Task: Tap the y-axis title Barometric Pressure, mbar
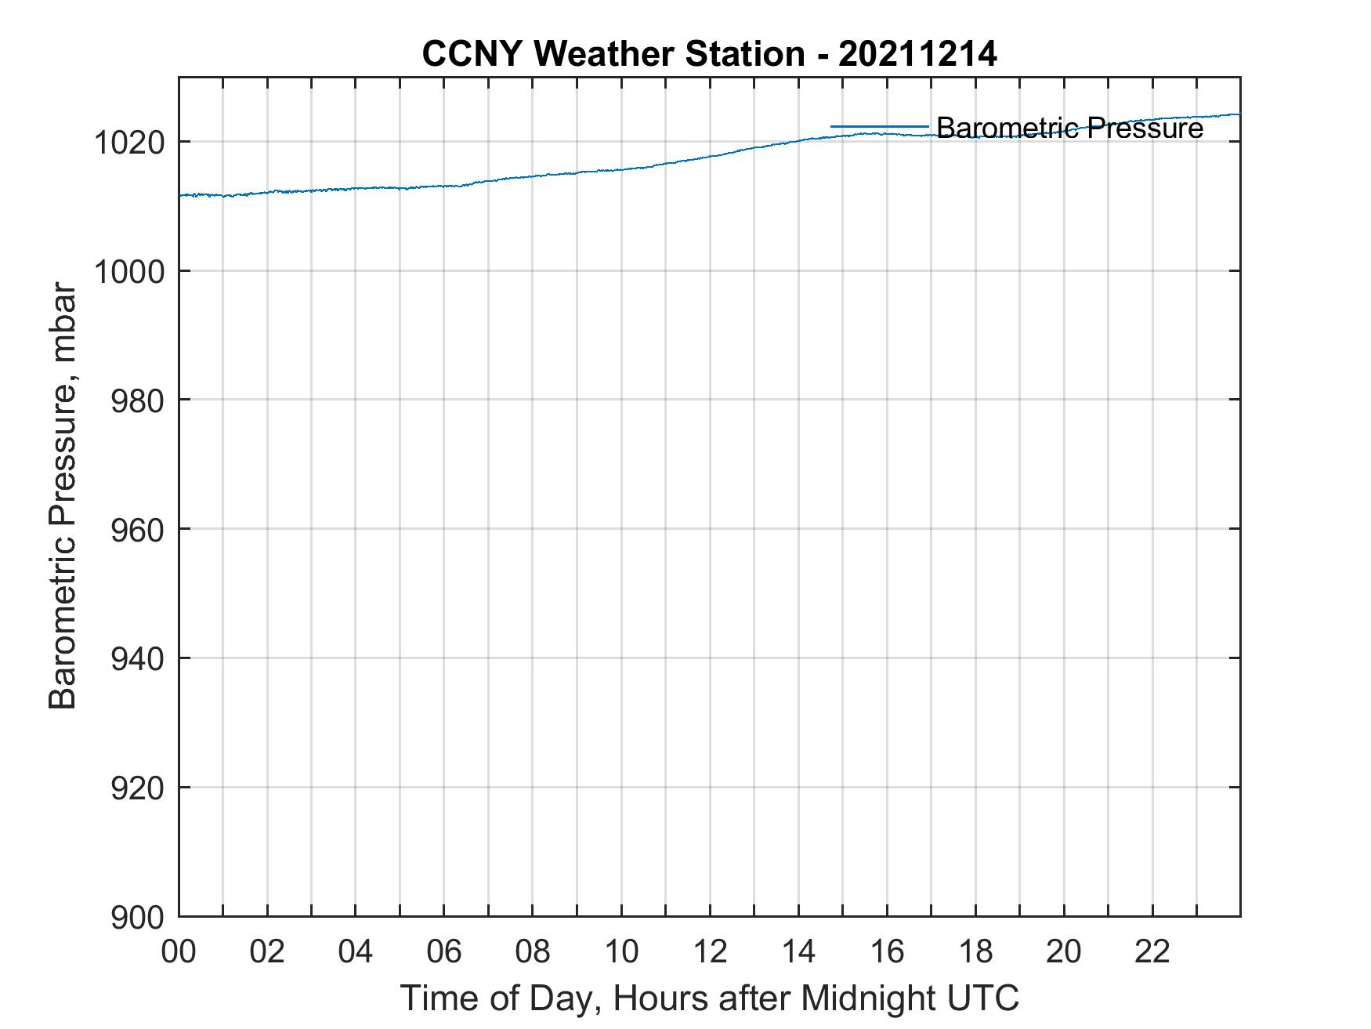tap(63, 495)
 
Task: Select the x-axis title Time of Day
tap(709, 998)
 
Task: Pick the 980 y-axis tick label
tap(136, 400)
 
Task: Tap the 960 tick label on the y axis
tap(136, 530)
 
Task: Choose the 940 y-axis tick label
tap(136, 658)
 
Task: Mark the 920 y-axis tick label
tap(136, 788)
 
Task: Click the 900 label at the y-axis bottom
tap(136, 916)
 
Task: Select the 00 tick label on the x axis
tap(179, 952)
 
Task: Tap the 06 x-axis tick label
tap(444, 952)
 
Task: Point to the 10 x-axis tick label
tap(621, 952)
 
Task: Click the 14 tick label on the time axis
tap(798, 952)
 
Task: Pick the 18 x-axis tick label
tap(975, 952)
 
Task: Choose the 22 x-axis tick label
tap(1152, 952)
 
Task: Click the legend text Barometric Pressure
tap(1069, 128)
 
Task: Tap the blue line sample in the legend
tap(879, 126)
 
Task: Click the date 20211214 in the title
tap(917, 54)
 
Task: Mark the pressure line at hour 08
tap(533, 176)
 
